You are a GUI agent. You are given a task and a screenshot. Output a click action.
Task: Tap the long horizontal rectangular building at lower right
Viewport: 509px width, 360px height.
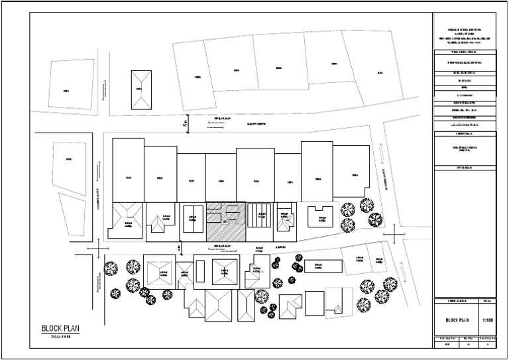pyautogui.click(x=323, y=266)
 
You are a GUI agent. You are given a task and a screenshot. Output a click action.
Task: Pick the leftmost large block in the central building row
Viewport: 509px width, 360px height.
pyautogui.click(x=128, y=170)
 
